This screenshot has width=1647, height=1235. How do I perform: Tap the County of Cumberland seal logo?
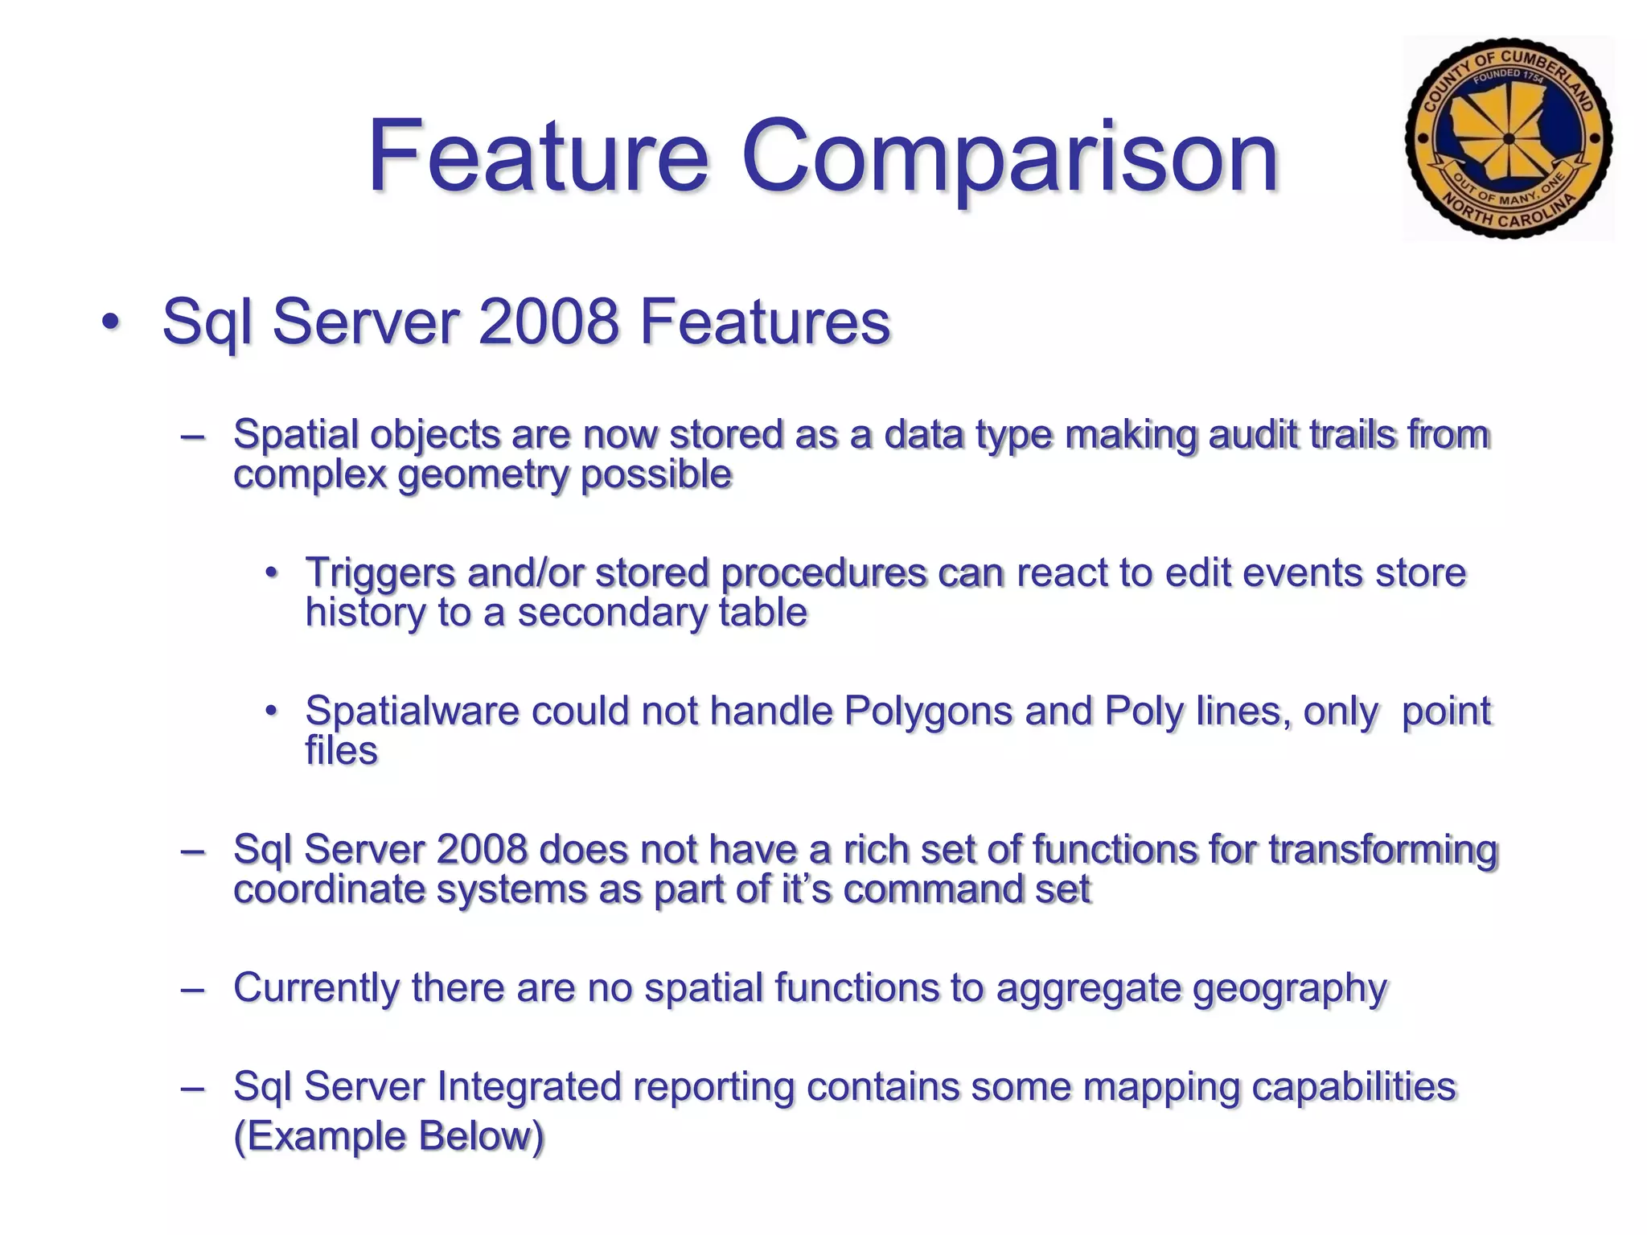pos(1508,138)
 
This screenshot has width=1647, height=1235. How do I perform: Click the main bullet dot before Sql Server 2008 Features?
pos(111,323)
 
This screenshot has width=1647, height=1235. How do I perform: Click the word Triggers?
pos(380,572)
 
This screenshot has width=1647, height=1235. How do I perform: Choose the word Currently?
pos(315,987)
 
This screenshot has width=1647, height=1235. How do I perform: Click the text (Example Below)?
pos(388,1136)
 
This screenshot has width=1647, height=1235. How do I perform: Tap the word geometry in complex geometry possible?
pos(483,474)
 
